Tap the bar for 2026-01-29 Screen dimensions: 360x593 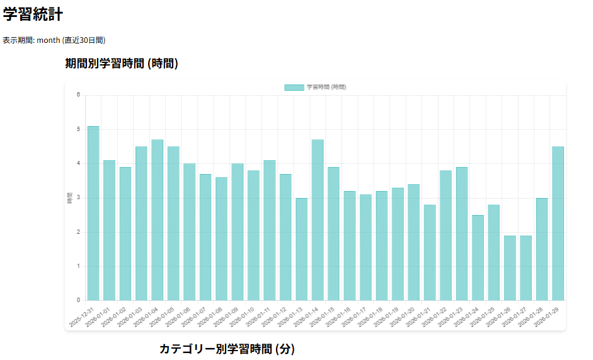[x=558, y=223]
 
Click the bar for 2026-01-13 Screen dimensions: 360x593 [x=302, y=249]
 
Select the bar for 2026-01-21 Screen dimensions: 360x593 [x=430, y=252]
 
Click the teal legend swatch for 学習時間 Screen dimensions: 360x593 [x=294, y=87]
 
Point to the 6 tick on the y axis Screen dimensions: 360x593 [x=79, y=95]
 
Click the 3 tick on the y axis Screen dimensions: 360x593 [x=79, y=198]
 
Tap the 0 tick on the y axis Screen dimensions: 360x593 [x=79, y=300]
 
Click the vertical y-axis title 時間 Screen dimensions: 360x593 [x=69, y=198]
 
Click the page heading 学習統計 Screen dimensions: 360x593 [x=32, y=14]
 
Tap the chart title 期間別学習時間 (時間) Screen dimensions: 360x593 [x=122, y=64]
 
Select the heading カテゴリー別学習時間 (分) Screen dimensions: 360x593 [x=227, y=349]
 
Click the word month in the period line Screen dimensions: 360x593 [x=49, y=40]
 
